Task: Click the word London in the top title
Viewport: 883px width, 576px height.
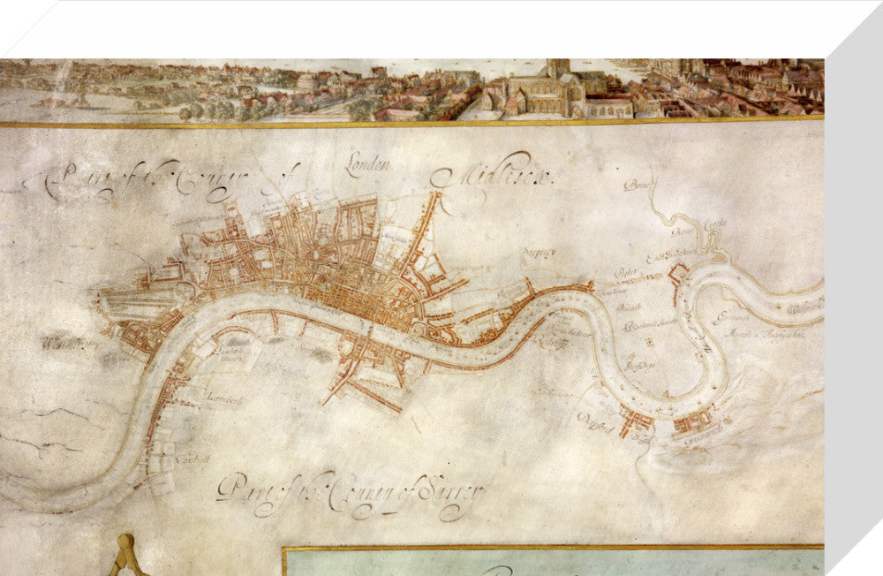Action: click(368, 167)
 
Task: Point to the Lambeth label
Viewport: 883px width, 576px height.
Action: click(224, 399)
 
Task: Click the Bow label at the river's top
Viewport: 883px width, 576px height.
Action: click(636, 185)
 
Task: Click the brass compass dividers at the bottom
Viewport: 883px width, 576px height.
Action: click(125, 556)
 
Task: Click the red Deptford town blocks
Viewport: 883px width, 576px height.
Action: click(635, 419)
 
